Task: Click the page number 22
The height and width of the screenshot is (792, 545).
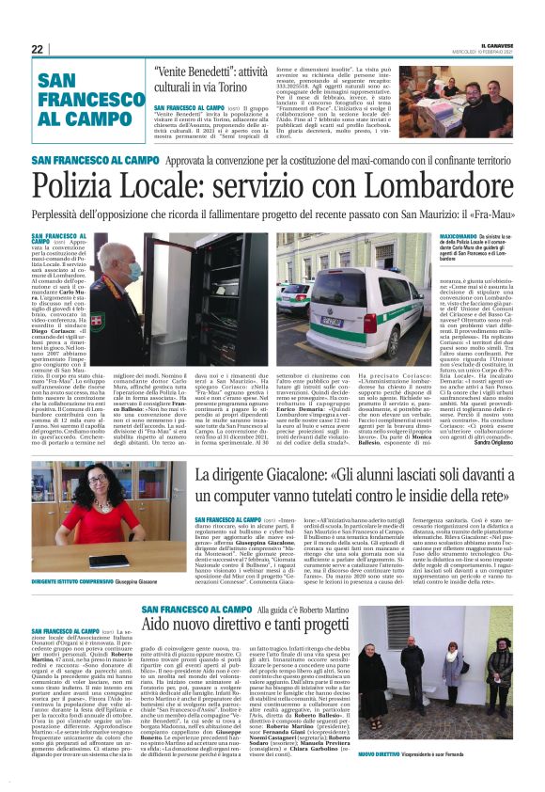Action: (x=38, y=48)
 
